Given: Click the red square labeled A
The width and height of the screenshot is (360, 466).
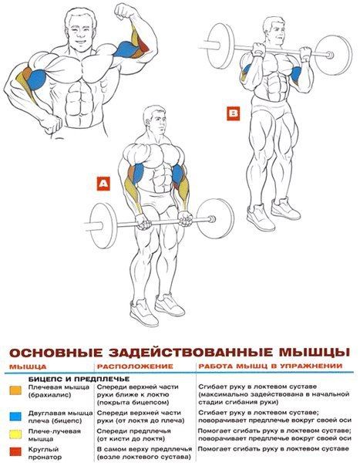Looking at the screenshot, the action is tap(103, 184).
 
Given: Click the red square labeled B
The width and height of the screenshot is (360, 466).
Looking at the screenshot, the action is tap(233, 113).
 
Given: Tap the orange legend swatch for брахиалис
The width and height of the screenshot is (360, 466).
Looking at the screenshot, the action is tap(15, 390).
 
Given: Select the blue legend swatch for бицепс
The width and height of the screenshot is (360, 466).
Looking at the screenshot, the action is tap(15, 416).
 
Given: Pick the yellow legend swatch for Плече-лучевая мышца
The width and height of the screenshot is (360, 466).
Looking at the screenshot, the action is tap(15, 434).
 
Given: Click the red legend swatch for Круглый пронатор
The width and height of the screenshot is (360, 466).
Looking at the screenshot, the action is tap(15, 452).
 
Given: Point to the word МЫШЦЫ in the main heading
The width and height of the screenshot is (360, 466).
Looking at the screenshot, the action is tap(315, 353).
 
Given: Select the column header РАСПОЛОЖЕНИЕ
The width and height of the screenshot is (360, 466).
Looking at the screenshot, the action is tap(135, 366).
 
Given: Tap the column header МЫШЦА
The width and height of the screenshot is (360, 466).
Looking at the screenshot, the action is tap(28, 366).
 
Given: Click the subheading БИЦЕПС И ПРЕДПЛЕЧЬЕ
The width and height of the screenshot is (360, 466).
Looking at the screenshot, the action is tap(79, 380).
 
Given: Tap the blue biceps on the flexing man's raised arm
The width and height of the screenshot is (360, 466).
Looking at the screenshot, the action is tap(126, 49).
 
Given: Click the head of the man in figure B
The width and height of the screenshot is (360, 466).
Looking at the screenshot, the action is tap(274, 30).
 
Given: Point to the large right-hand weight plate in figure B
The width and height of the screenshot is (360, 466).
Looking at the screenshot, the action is tap(333, 55).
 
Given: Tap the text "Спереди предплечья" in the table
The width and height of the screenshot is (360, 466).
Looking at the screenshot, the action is tap(133, 431).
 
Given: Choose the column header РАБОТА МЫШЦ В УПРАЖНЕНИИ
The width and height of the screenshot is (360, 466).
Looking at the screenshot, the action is tap(271, 366).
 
